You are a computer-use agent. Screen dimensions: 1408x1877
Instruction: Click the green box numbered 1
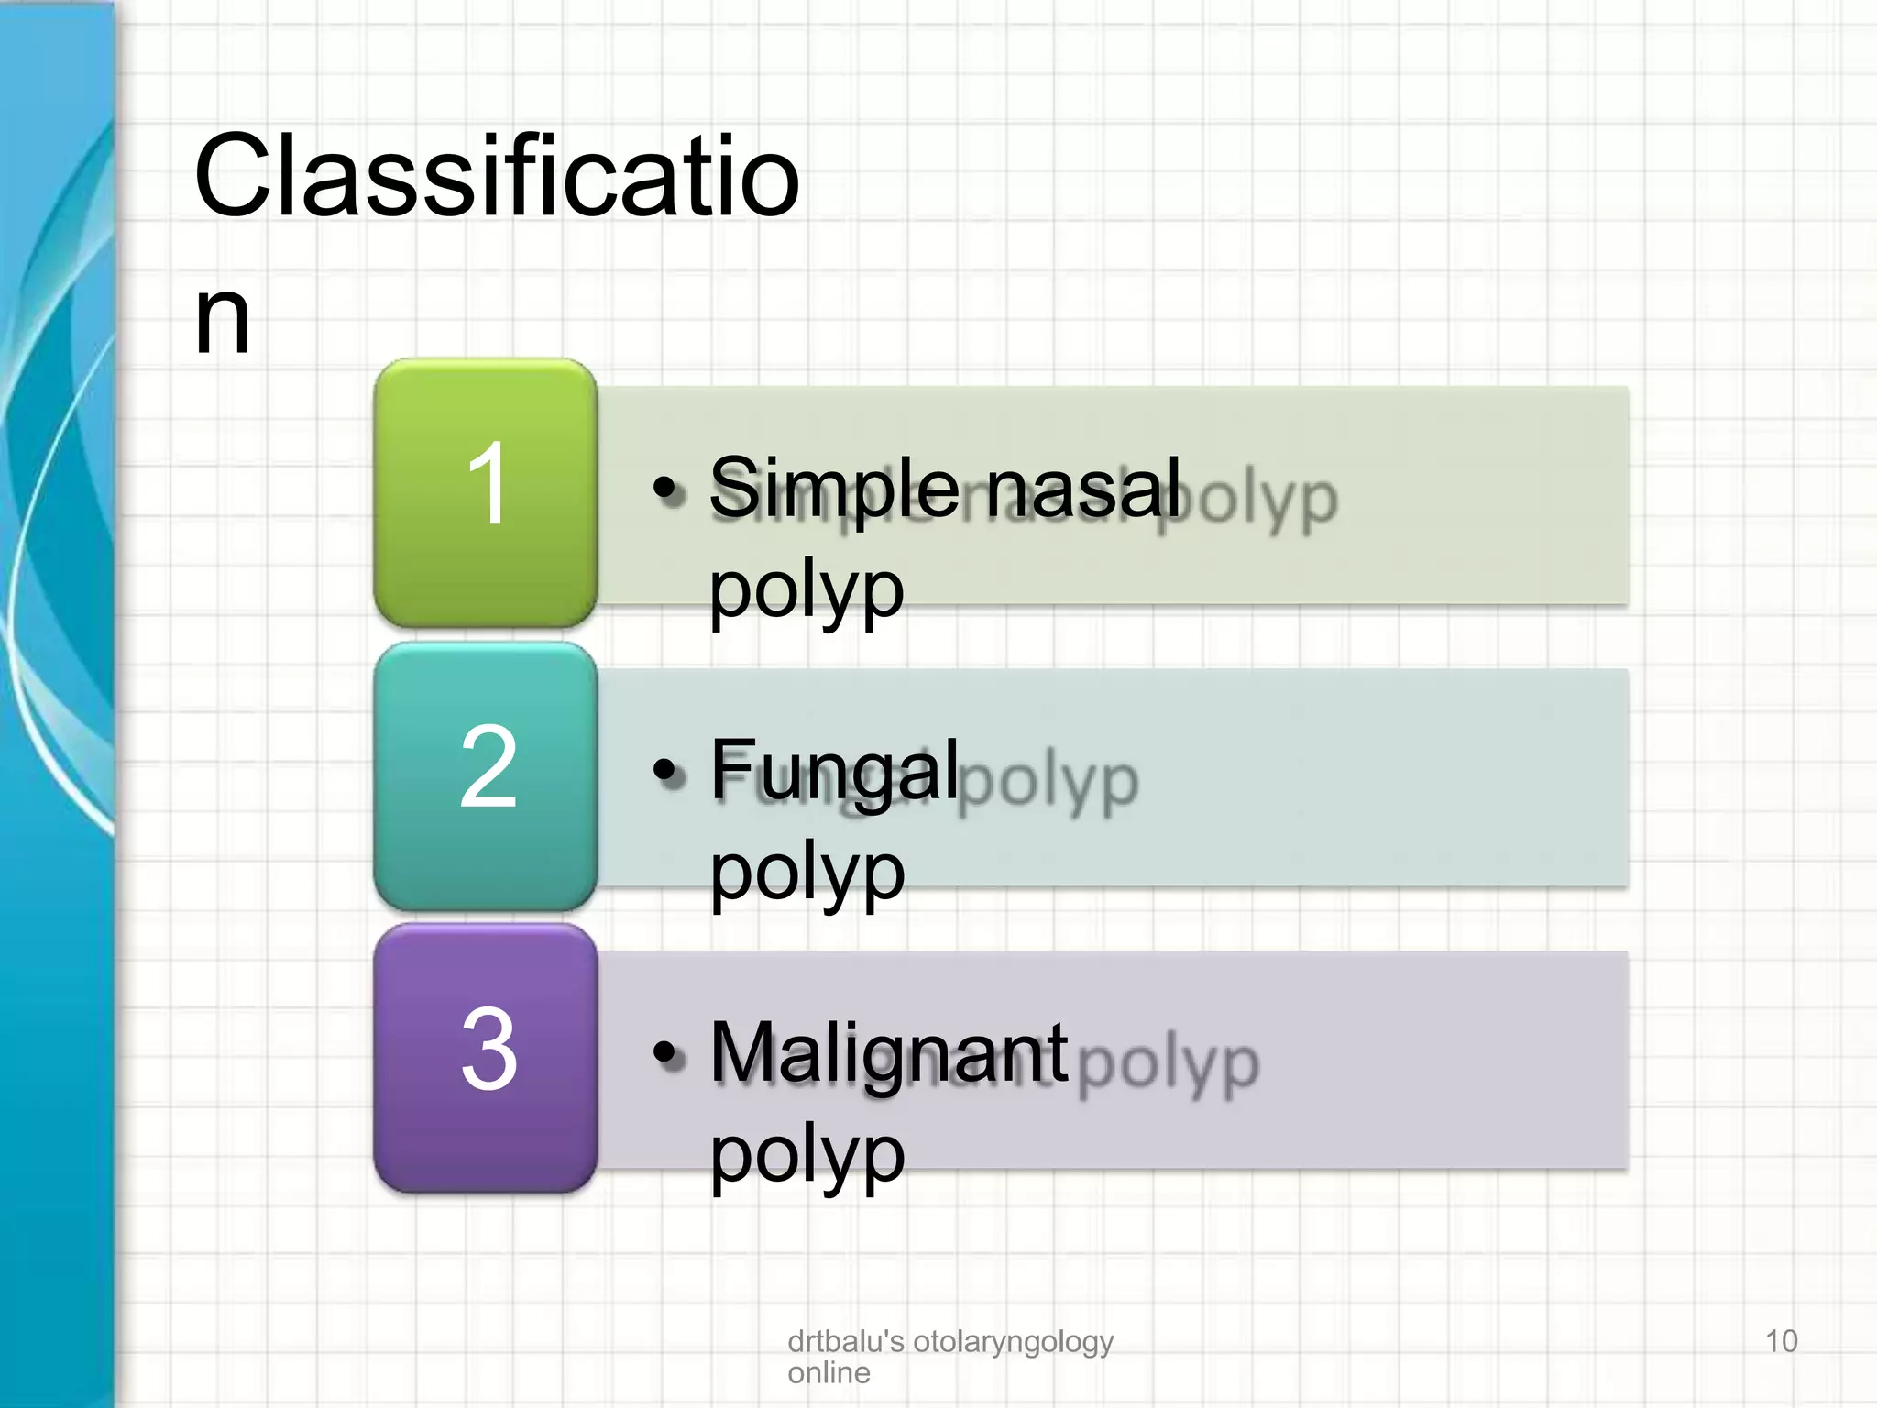pyautogui.click(x=486, y=492)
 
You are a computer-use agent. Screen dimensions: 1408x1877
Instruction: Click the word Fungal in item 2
pyautogui.click(x=835, y=770)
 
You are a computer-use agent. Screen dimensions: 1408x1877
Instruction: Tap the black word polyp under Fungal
pyautogui.click(x=807, y=873)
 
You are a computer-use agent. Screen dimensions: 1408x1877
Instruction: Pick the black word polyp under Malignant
pyautogui.click(x=807, y=1155)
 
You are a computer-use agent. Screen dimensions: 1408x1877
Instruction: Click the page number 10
pyautogui.click(x=1781, y=1341)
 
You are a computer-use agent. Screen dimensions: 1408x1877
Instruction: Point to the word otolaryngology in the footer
pyautogui.click(x=1013, y=1343)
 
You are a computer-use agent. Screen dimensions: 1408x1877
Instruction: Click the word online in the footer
pyautogui.click(x=829, y=1373)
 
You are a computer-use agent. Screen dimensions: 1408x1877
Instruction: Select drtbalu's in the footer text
pyautogui.click(x=845, y=1341)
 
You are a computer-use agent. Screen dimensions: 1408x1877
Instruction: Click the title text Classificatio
pyautogui.click(x=497, y=176)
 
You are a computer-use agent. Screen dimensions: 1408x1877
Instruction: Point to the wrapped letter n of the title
pyautogui.click(x=223, y=317)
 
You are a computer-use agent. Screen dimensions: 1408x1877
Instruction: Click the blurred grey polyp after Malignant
pyautogui.click(x=1169, y=1065)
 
